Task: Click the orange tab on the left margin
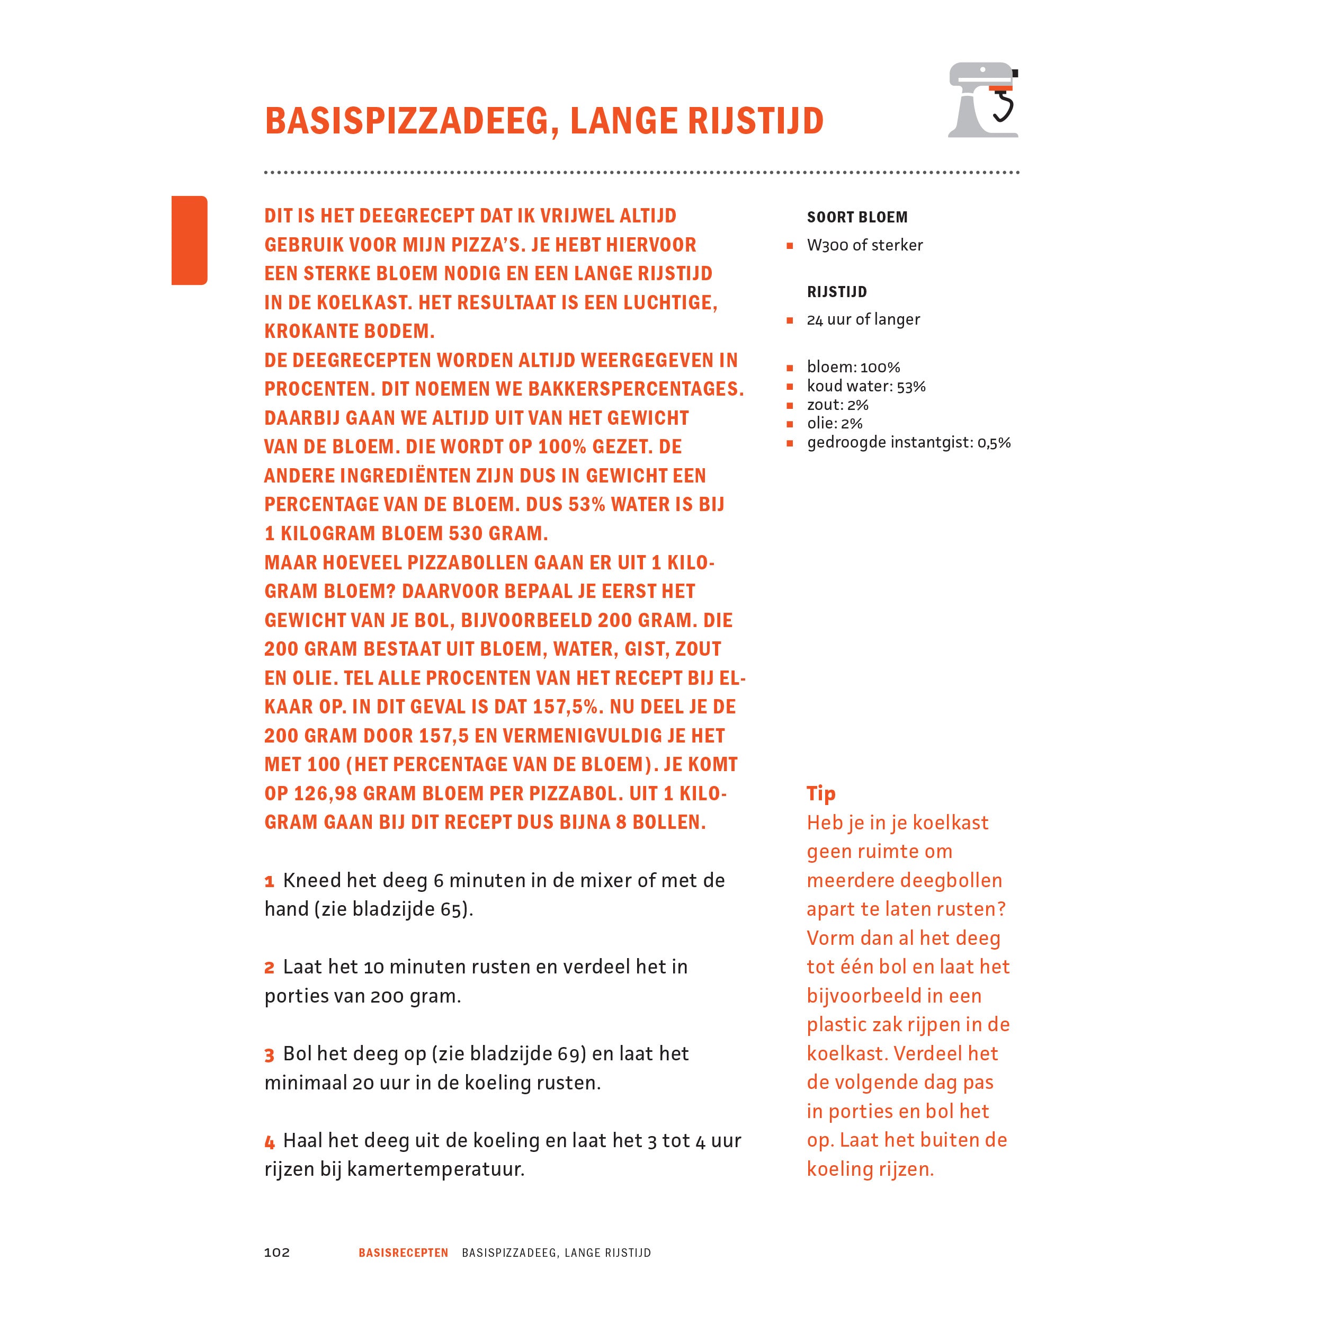[x=189, y=240]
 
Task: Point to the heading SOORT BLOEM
[x=856, y=218]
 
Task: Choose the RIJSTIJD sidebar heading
[x=837, y=292]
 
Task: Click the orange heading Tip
[x=820, y=794]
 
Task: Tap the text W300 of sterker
[x=864, y=245]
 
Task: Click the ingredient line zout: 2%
[x=837, y=405]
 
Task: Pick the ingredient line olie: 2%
[x=834, y=423]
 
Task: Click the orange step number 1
[x=269, y=881]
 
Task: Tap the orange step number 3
[x=269, y=1055]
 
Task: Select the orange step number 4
[x=269, y=1141]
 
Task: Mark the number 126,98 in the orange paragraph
[x=323, y=794]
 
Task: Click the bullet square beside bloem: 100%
[x=790, y=368]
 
